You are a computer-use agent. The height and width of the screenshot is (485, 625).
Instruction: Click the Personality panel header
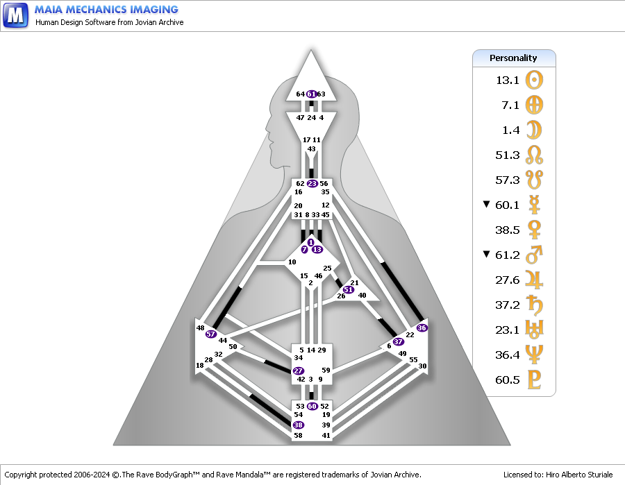(514, 58)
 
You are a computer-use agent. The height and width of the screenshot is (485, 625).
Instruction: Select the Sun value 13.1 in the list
(507, 80)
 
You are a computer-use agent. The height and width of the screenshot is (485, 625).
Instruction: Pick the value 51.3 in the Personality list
(507, 155)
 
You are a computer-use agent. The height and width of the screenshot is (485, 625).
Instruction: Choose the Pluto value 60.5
(507, 380)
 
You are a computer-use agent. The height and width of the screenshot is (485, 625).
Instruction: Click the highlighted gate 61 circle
(312, 94)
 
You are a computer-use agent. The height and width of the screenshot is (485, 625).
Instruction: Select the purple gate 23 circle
(312, 184)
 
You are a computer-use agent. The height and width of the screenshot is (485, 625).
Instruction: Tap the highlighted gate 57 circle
(211, 334)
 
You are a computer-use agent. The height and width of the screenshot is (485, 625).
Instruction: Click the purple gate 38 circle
(299, 425)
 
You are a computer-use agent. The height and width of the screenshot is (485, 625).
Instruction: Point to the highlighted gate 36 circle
(422, 327)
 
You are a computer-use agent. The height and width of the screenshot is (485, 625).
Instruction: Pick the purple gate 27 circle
(299, 371)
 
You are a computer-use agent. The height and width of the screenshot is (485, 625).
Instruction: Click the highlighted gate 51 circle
(348, 289)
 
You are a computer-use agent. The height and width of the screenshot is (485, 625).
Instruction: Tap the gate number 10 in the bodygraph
(292, 262)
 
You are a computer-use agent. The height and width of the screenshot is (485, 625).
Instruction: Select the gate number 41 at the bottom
(326, 435)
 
